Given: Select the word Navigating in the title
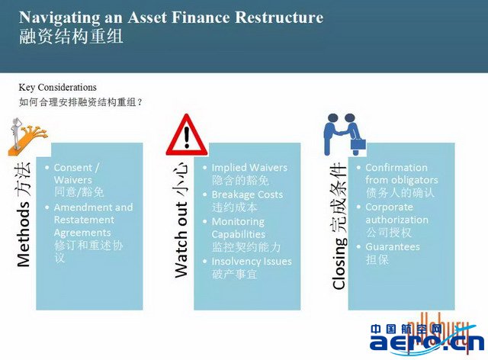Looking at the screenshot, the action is (x=59, y=18).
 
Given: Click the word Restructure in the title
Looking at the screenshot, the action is (x=279, y=17).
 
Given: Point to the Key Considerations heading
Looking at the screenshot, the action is (x=58, y=88).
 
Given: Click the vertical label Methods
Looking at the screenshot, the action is (x=24, y=234).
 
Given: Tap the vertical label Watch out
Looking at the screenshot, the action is (x=181, y=239).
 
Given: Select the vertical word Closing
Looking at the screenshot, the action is (x=339, y=264).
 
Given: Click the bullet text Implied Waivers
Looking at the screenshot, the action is (x=249, y=168).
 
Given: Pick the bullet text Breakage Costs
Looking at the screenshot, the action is (x=247, y=194).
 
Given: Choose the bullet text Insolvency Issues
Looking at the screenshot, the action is (x=252, y=262).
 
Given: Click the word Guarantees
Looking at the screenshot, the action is (x=393, y=246).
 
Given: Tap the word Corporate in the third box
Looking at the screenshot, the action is (x=390, y=207).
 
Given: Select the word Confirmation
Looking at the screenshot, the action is (x=396, y=168).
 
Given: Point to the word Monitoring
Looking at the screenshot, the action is (x=238, y=222).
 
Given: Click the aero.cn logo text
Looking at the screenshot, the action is (x=427, y=342).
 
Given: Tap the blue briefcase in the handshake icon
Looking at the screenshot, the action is (x=358, y=144).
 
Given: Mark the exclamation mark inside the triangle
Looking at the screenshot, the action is (x=187, y=137).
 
